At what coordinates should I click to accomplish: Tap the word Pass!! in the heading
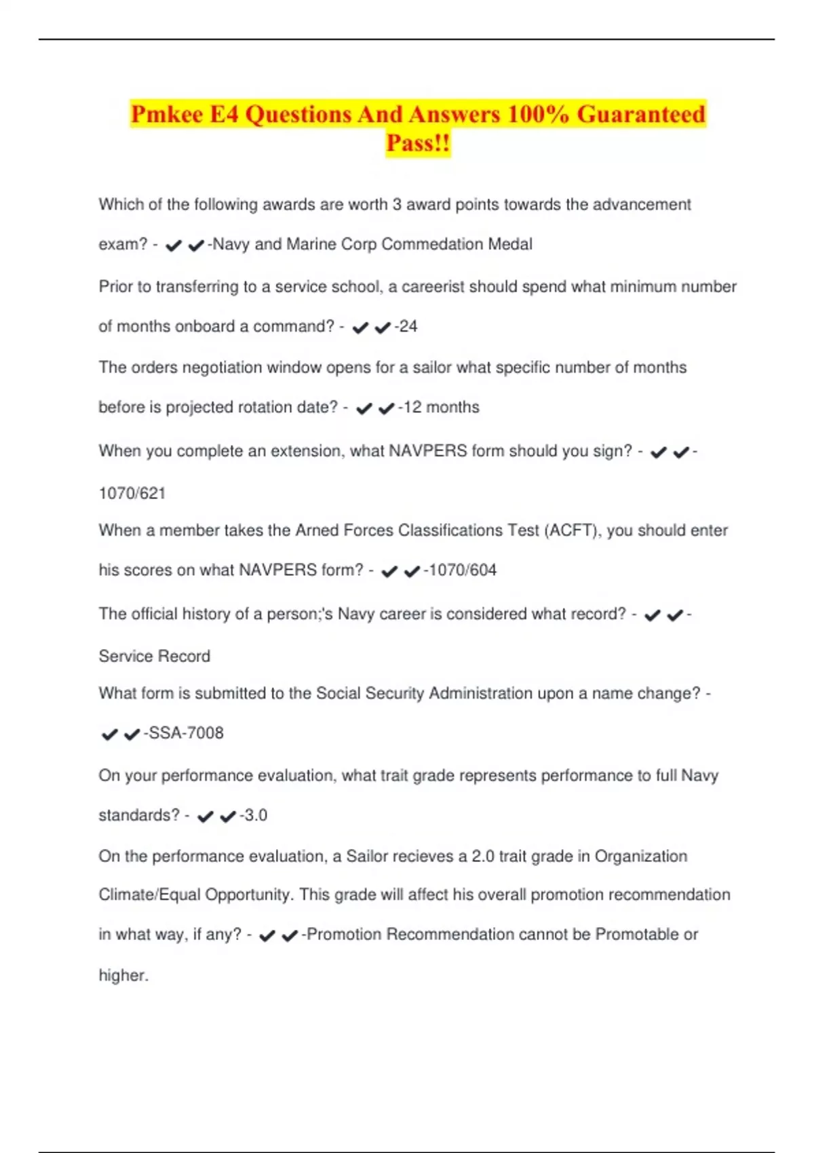[x=418, y=143]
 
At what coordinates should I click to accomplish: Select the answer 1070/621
[x=132, y=493]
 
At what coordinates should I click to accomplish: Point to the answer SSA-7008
[x=185, y=733]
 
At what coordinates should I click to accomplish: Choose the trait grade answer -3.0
[x=254, y=815]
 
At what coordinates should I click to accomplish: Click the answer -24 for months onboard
[x=407, y=327]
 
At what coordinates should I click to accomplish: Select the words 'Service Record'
[x=155, y=657]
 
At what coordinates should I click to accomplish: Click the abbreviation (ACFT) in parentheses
[x=573, y=530]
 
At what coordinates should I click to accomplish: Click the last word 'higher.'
[x=123, y=976]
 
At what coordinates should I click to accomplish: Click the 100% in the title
[x=537, y=114]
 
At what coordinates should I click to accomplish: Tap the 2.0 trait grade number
[x=482, y=857]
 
